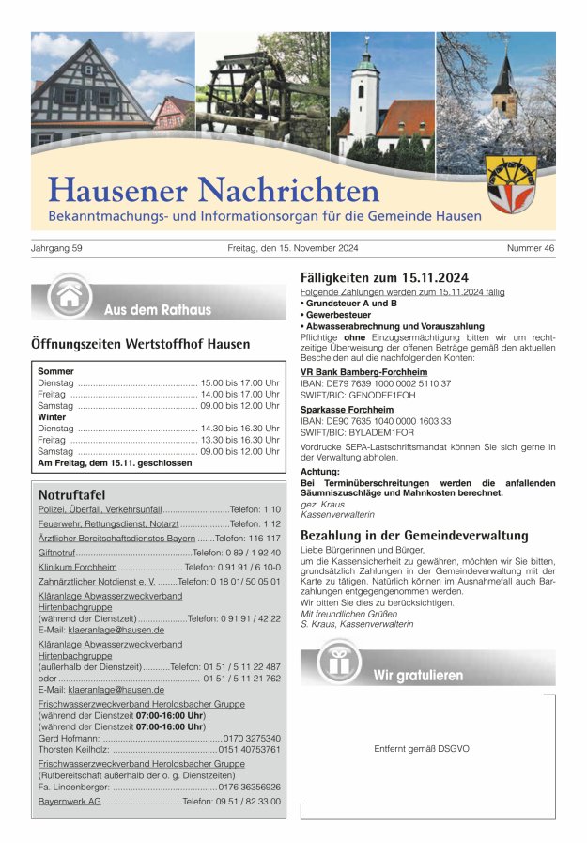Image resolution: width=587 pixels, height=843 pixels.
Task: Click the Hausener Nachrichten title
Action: tap(214, 189)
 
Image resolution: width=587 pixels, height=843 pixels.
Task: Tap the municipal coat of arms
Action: tap(512, 183)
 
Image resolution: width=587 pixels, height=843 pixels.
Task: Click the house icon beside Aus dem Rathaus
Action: tap(69, 296)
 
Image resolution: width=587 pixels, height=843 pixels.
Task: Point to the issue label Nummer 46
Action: tap(531, 249)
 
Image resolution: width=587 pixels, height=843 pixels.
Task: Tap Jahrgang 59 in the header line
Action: tap(57, 249)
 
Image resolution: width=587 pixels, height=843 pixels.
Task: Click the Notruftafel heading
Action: tap(71, 494)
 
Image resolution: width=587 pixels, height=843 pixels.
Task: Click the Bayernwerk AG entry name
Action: tap(70, 801)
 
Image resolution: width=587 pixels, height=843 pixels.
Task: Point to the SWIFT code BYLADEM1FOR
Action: tap(381, 433)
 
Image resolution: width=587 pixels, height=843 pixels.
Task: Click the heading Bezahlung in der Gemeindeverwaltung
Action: tap(414, 535)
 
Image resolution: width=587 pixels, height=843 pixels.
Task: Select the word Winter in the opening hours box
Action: tap(53, 416)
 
